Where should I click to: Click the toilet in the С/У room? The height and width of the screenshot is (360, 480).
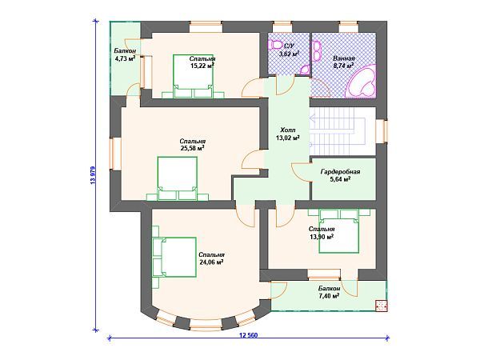[x=276, y=45]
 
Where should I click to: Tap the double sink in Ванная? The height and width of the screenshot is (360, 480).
[x=317, y=50]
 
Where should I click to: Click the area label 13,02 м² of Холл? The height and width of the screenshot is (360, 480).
[x=287, y=138]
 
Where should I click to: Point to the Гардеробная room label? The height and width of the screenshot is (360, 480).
[x=340, y=172]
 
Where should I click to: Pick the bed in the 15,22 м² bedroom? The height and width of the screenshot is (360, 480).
[x=193, y=76]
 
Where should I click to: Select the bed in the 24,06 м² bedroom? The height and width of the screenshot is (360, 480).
[x=174, y=257]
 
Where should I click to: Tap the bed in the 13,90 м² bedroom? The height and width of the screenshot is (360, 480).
[x=338, y=231]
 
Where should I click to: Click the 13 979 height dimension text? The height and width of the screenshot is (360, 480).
[x=93, y=175]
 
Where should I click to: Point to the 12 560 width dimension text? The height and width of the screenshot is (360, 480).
[x=248, y=335]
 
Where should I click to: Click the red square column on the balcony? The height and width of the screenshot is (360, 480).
[x=382, y=306]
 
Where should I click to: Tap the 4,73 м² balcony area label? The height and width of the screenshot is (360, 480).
[x=125, y=58]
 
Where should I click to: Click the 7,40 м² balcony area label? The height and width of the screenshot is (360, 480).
[x=329, y=296]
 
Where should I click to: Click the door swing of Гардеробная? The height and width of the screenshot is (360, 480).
[x=300, y=172]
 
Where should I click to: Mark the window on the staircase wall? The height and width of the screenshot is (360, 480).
[x=382, y=131]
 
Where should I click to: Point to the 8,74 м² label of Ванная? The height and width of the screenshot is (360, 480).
[x=343, y=66]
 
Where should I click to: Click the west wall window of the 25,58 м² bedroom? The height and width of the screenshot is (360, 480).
[x=116, y=154]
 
